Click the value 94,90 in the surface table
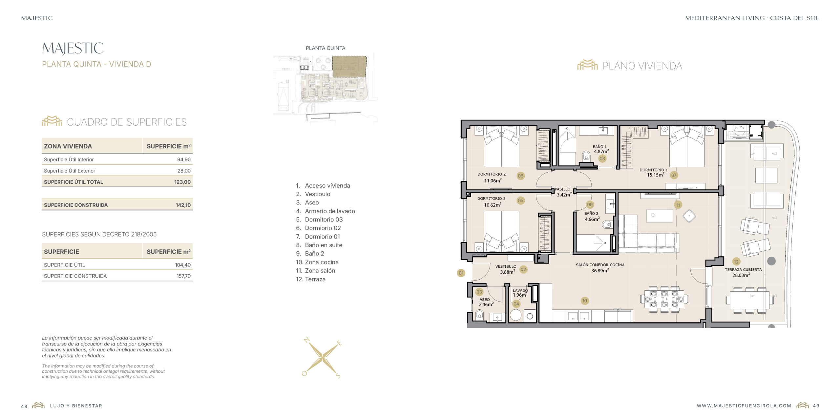pyautogui.click(x=184, y=159)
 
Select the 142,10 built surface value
pyautogui.click(x=183, y=205)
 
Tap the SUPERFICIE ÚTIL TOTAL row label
pyautogui.click(x=73, y=182)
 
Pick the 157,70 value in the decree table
pyautogui.click(x=183, y=276)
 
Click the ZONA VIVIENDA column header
pyautogui.click(x=68, y=146)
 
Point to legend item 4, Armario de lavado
pyautogui.click(x=325, y=211)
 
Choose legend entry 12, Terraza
pyautogui.click(x=311, y=279)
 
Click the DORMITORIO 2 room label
pyautogui.click(x=492, y=174)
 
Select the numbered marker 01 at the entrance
pyautogui.click(x=461, y=273)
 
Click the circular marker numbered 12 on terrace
pyautogui.click(x=736, y=262)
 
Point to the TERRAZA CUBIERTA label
pyautogui.click(x=743, y=270)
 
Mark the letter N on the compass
pyautogui.click(x=307, y=340)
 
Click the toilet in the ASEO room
pyautogui.click(x=479, y=315)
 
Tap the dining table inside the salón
pyautogui.click(x=664, y=299)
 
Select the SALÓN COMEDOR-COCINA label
pyautogui.click(x=600, y=265)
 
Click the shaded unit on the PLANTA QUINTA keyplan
pyautogui.click(x=349, y=67)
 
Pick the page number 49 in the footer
pyautogui.click(x=816, y=406)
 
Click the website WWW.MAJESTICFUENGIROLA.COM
pyautogui.click(x=744, y=406)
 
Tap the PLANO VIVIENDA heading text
pyautogui.click(x=642, y=66)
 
